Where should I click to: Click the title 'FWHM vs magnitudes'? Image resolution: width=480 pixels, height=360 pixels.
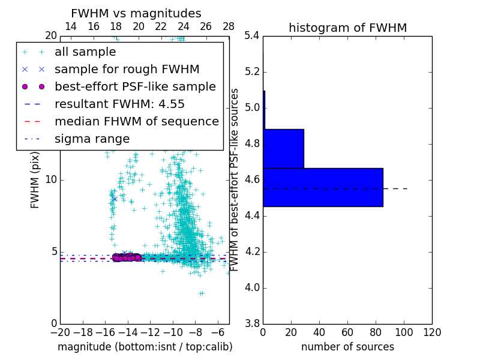point(136,13)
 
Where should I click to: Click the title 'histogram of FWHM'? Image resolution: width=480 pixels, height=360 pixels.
point(347,28)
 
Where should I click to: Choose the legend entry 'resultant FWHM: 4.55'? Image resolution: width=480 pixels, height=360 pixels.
point(119,104)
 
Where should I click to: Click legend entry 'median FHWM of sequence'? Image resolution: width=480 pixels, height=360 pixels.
point(137,121)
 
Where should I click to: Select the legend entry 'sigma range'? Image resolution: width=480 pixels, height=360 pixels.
point(92,139)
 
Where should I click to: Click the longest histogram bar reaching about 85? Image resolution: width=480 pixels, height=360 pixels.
point(323,187)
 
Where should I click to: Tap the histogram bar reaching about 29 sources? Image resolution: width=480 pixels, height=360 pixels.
point(283,148)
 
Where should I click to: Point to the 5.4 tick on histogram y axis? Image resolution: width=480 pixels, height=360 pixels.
point(253,36)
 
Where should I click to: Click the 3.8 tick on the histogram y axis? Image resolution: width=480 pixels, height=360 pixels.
point(253,324)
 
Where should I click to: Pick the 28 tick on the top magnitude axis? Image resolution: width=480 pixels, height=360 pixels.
point(229,26)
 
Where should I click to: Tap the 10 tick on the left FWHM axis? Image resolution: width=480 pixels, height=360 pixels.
point(51,179)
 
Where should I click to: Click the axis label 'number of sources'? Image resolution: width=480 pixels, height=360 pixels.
point(347,347)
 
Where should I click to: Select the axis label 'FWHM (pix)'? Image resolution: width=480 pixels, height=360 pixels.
point(35,179)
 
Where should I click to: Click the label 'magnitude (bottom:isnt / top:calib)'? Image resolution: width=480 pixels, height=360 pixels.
point(145,347)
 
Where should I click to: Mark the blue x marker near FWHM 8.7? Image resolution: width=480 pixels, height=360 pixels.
point(114,199)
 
